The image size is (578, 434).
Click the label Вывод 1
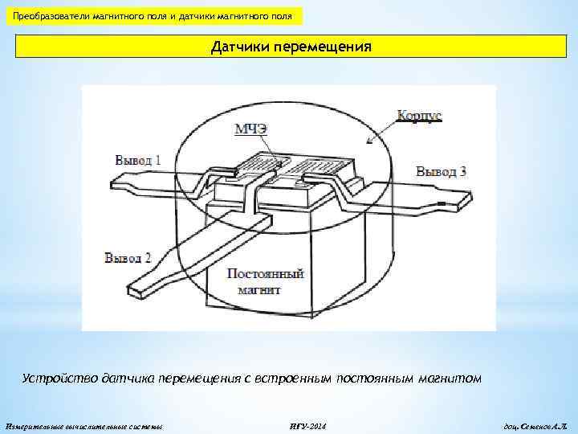coord(138,159)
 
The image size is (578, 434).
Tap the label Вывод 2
coord(128,257)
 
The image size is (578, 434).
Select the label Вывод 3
coord(442,171)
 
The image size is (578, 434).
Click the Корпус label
coord(420,116)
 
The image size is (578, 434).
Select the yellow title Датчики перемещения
coord(291,47)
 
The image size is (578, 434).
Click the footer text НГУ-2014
coord(307,424)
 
